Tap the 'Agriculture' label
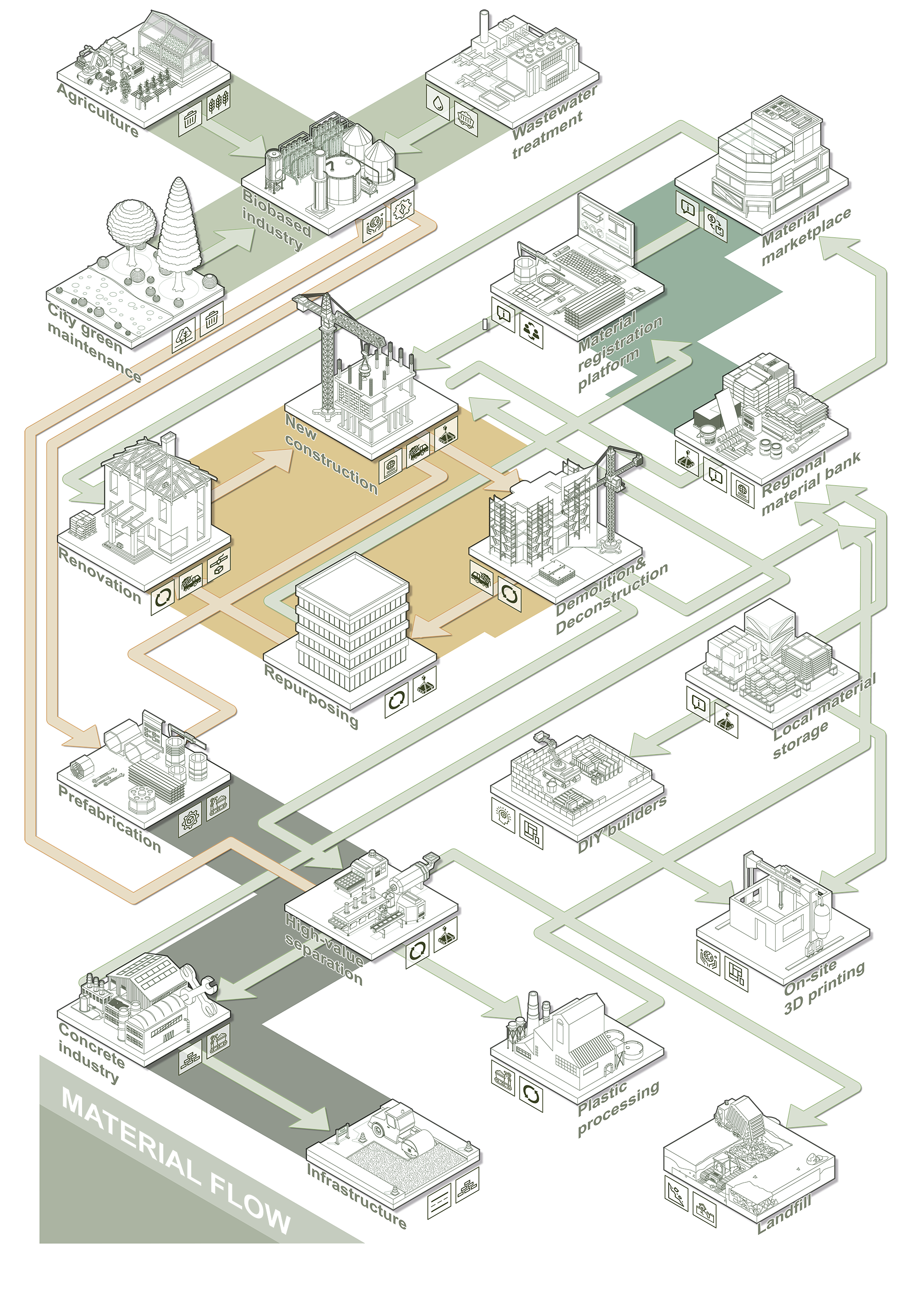pos(99,110)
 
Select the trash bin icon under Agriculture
pos(190,119)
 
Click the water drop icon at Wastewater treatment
pos(438,103)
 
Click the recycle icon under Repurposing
pos(397,701)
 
